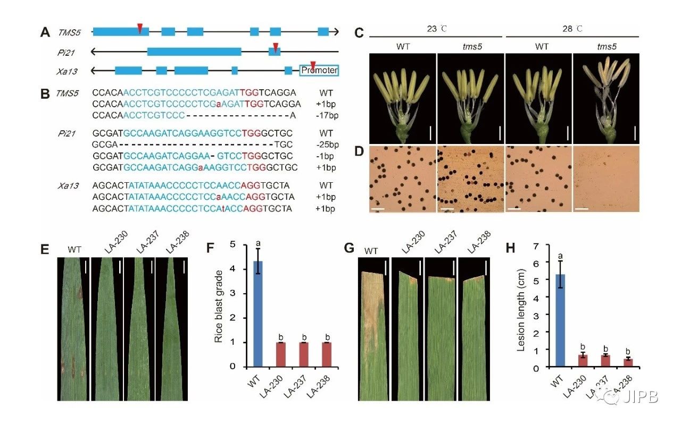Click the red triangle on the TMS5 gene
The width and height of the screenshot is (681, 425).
(x=139, y=28)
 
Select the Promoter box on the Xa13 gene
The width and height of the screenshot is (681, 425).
(x=319, y=70)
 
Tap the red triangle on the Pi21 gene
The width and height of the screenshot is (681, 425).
(x=275, y=47)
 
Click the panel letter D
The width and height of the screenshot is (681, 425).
(x=360, y=152)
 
